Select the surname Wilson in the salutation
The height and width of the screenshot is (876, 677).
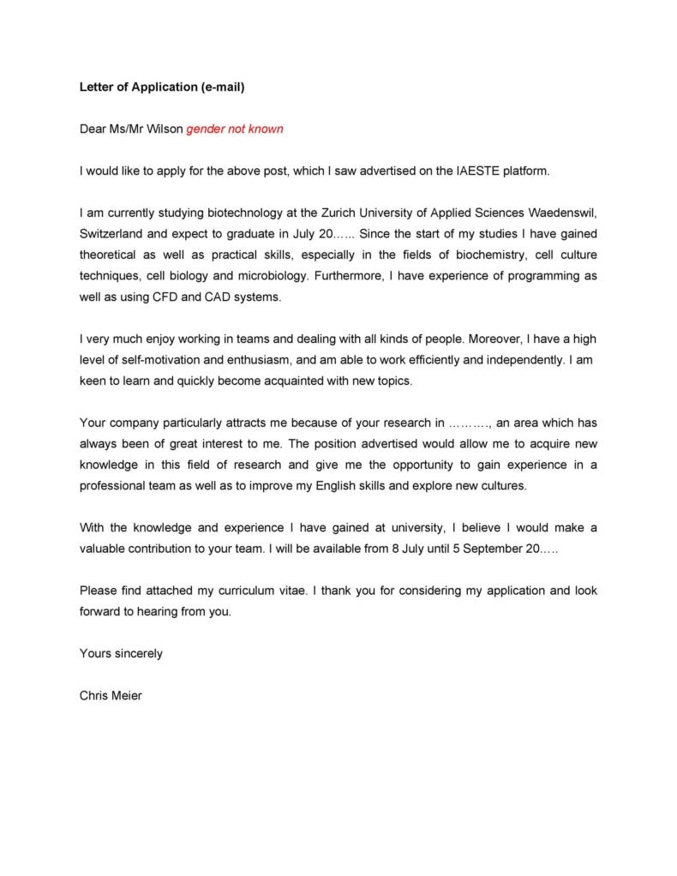[x=165, y=129]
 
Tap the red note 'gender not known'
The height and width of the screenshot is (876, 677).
[x=235, y=129]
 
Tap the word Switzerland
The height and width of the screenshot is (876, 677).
[x=114, y=233]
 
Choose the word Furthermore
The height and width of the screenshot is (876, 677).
[x=350, y=276]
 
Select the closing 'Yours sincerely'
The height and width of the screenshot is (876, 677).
[x=121, y=653]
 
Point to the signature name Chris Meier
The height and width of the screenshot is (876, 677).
[x=111, y=695]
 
